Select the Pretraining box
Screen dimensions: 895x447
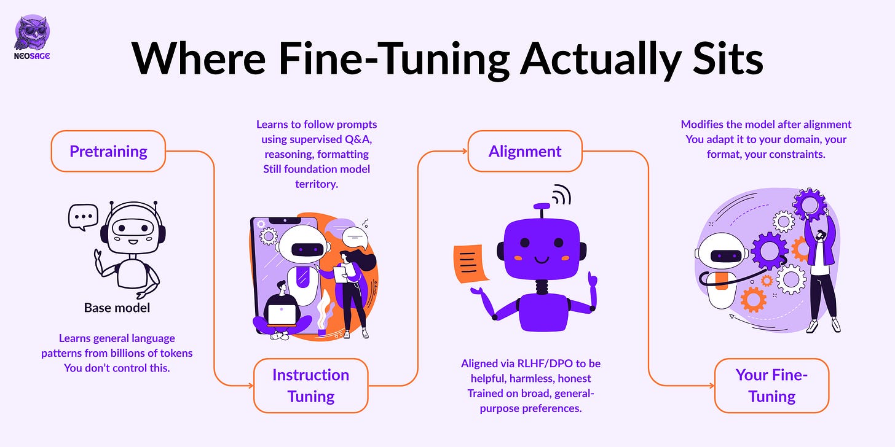pos(108,151)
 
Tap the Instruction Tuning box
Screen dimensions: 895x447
pos(311,386)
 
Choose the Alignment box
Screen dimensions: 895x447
pos(525,151)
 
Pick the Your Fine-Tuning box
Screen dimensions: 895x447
pos(771,386)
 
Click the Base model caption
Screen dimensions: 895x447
pos(117,308)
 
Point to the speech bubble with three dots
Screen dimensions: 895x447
pos(83,217)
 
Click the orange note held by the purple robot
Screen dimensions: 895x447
pos(470,264)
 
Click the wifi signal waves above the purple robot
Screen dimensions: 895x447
pos(561,195)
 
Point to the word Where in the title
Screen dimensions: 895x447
pos(199,59)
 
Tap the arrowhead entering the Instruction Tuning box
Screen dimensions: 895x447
pos(251,386)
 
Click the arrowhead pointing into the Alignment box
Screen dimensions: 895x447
pos(464,151)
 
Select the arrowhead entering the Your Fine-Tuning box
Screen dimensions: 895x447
pos(711,386)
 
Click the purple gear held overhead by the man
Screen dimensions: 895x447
pos(810,204)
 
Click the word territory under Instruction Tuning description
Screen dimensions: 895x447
pos(317,184)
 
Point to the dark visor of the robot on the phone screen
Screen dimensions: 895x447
pos(307,250)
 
